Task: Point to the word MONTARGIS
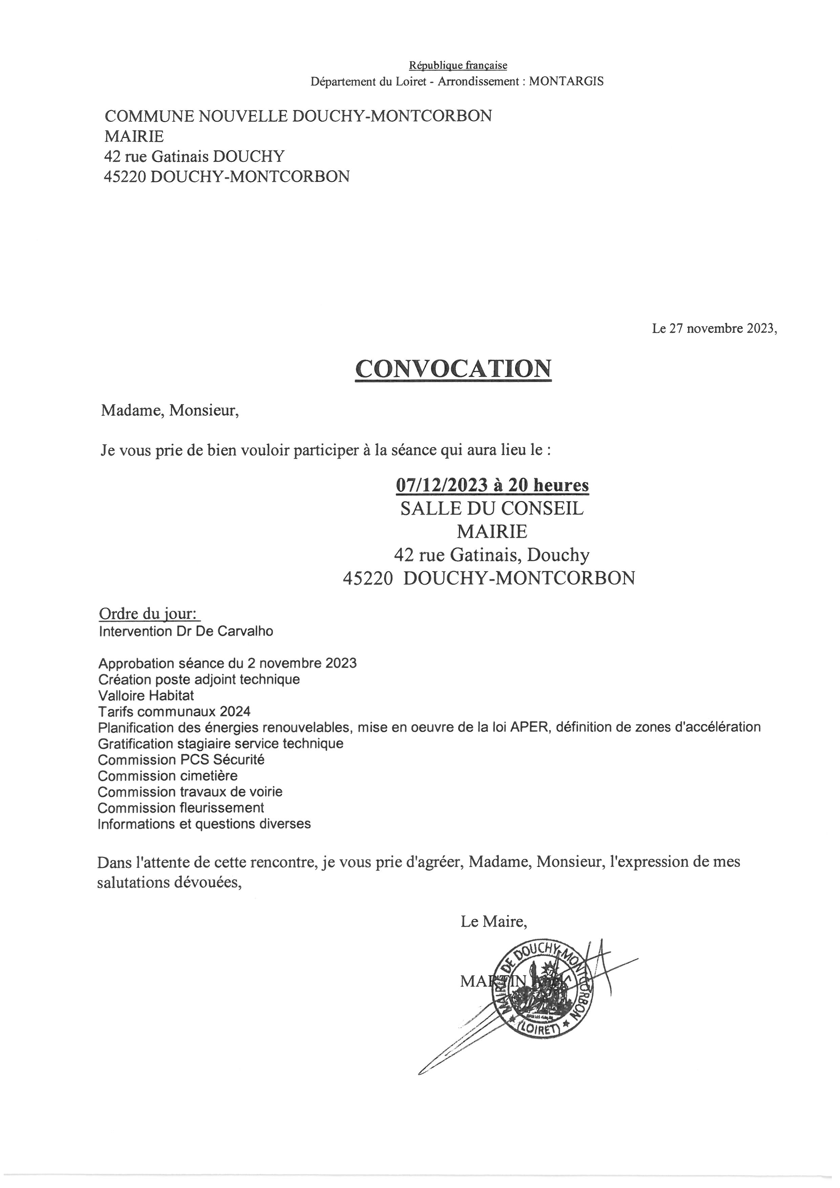(x=566, y=81)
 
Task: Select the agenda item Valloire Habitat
(x=146, y=695)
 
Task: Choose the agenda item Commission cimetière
(x=168, y=776)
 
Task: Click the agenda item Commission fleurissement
(x=181, y=808)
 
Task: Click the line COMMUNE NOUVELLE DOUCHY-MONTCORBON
(x=298, y=116)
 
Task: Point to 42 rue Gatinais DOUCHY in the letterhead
(x=194, y=156)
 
